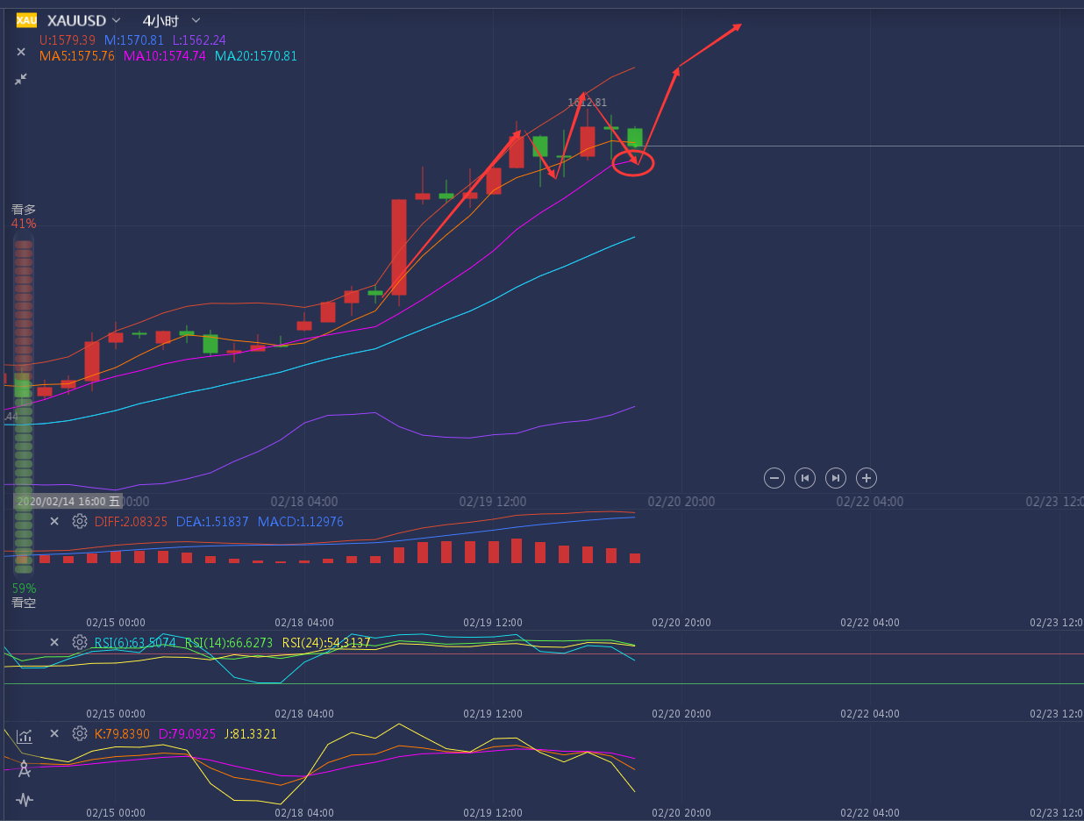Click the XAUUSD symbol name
coord(76,20)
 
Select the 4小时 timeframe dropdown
coord(160,20)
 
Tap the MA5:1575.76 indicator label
coord(77,56)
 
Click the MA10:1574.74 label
coord(164,56)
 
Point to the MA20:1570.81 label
coord(256,56)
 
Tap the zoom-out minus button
coord(774,478)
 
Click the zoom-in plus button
coord(866,478)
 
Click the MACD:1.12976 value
coord(301,522)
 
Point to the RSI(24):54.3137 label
coord(326,643)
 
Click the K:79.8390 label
coord(122,733)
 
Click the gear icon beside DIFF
coord(80,522)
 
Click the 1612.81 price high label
coord(587,103)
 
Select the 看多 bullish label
coord(24,210)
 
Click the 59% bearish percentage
coord(24,589)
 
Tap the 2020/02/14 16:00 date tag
coord(61,502)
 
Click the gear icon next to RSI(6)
coord(80,643)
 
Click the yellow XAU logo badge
coord(26,20)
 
